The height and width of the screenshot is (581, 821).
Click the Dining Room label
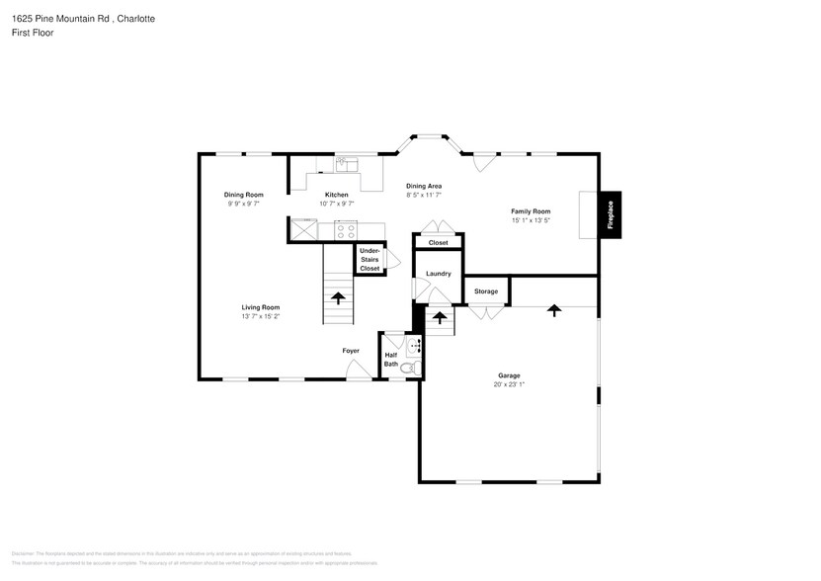click(243, 195)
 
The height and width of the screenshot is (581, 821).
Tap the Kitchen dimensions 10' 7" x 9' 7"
click(337, 204)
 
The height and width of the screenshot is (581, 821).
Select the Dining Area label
click(424, 186)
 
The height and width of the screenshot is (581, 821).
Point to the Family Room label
click(531, 211)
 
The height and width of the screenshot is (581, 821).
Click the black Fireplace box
click(610, 214)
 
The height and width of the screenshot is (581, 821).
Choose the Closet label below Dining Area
click(438, 242)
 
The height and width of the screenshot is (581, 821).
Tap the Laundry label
click(439, 274)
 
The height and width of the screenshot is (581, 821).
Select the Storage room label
click(485, 291)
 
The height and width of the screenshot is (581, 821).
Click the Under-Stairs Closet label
click(369, 260)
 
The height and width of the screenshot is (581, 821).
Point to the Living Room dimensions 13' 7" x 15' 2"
click(261, 316)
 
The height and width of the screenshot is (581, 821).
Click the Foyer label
click(351, 351)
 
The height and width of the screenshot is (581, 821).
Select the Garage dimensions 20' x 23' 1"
click(509, 384)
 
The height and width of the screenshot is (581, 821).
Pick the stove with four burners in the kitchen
click(346, 231)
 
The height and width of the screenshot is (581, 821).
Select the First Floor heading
click(33, 33)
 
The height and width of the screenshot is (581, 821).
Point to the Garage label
click(509, 375)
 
